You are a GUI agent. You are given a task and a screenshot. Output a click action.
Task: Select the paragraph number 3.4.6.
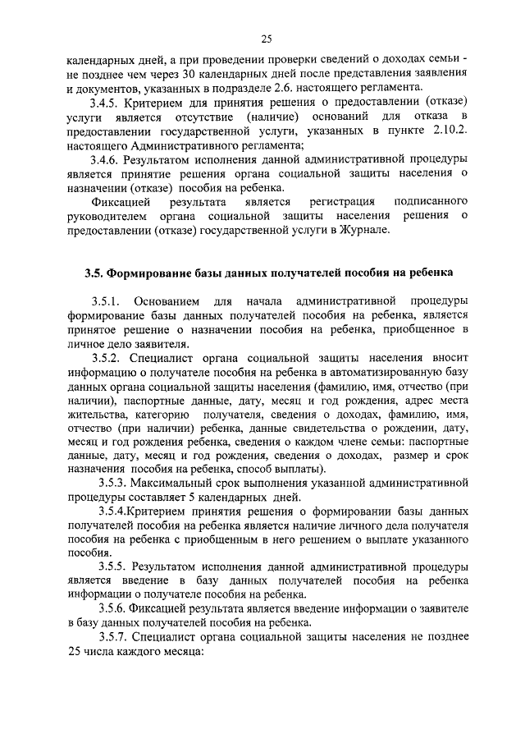point(105,158)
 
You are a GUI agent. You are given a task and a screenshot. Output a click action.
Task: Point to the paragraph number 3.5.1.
point(107,300)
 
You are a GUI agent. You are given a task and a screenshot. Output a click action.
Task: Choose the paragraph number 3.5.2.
point(107,358)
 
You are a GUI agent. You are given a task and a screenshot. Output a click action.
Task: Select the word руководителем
point(103,216)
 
